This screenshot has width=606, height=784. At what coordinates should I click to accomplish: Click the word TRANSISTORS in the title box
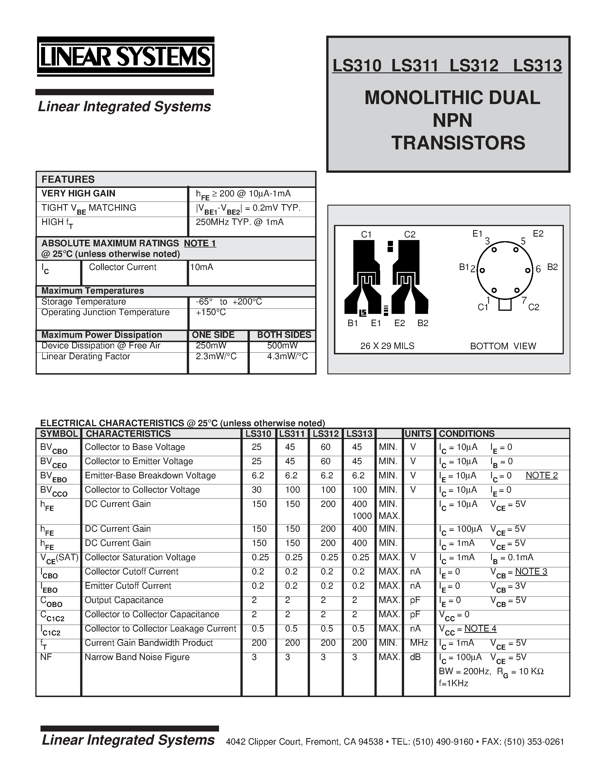click(x=458, y=143)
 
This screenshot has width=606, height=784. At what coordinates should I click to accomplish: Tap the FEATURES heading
click(x=68, y=180)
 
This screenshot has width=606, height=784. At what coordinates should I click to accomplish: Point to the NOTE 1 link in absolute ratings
click(x=200, y=243)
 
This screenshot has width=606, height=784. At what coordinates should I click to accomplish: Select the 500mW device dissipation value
click(x=282, y=345)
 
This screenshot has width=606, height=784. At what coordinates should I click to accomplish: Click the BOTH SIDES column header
click(x=284, y=335)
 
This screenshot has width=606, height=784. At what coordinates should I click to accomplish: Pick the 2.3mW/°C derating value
click(x=216, y=356)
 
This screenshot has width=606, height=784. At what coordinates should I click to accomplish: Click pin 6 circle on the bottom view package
click(x=527, y=270)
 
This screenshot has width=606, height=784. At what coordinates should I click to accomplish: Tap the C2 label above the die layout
click(x=410, y=234)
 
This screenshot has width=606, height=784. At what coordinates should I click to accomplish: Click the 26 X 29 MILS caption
click(x=387, y=346)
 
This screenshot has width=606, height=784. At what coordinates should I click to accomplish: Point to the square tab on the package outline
click(x=505, y=305)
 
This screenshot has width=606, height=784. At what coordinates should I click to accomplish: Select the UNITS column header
click(x=418, y=434)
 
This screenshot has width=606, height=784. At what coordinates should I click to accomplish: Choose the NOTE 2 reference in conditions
click(x=541, y=475)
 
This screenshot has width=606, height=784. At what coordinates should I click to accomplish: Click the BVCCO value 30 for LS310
click(x=257, y=490)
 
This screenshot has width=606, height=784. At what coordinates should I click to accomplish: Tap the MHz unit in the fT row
click(x=419, y=643)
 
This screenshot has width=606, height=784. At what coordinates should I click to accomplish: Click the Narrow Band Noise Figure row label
click(x=137, y=657)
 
